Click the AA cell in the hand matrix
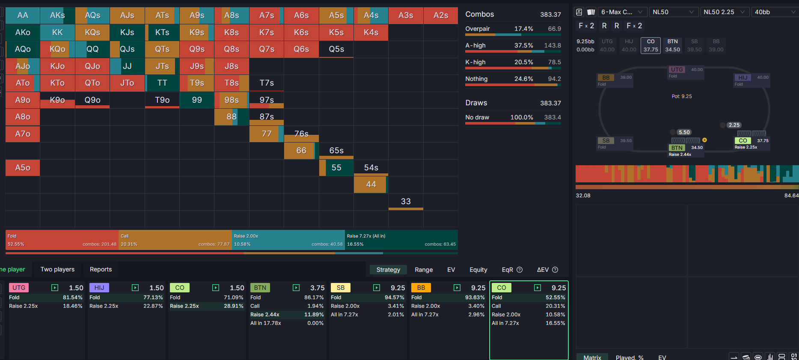click(23, 15)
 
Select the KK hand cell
click(57, 32)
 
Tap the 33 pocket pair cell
click(406, 201)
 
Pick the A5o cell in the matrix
click(23, 168)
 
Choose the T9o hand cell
click(162, 100)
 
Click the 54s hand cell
click(371, 168)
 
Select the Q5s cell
click(336, 49)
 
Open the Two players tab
click(57, 269)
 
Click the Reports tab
click(101, 269)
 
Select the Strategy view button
click(388, 270)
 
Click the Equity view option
click(478, 270)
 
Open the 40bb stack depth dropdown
click(775, 12)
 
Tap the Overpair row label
click(478, 29)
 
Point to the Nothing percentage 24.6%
click(523, 79)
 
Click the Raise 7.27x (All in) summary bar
click(401, 240)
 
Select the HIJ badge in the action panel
click(99, 288)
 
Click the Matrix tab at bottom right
click(592, 357)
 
